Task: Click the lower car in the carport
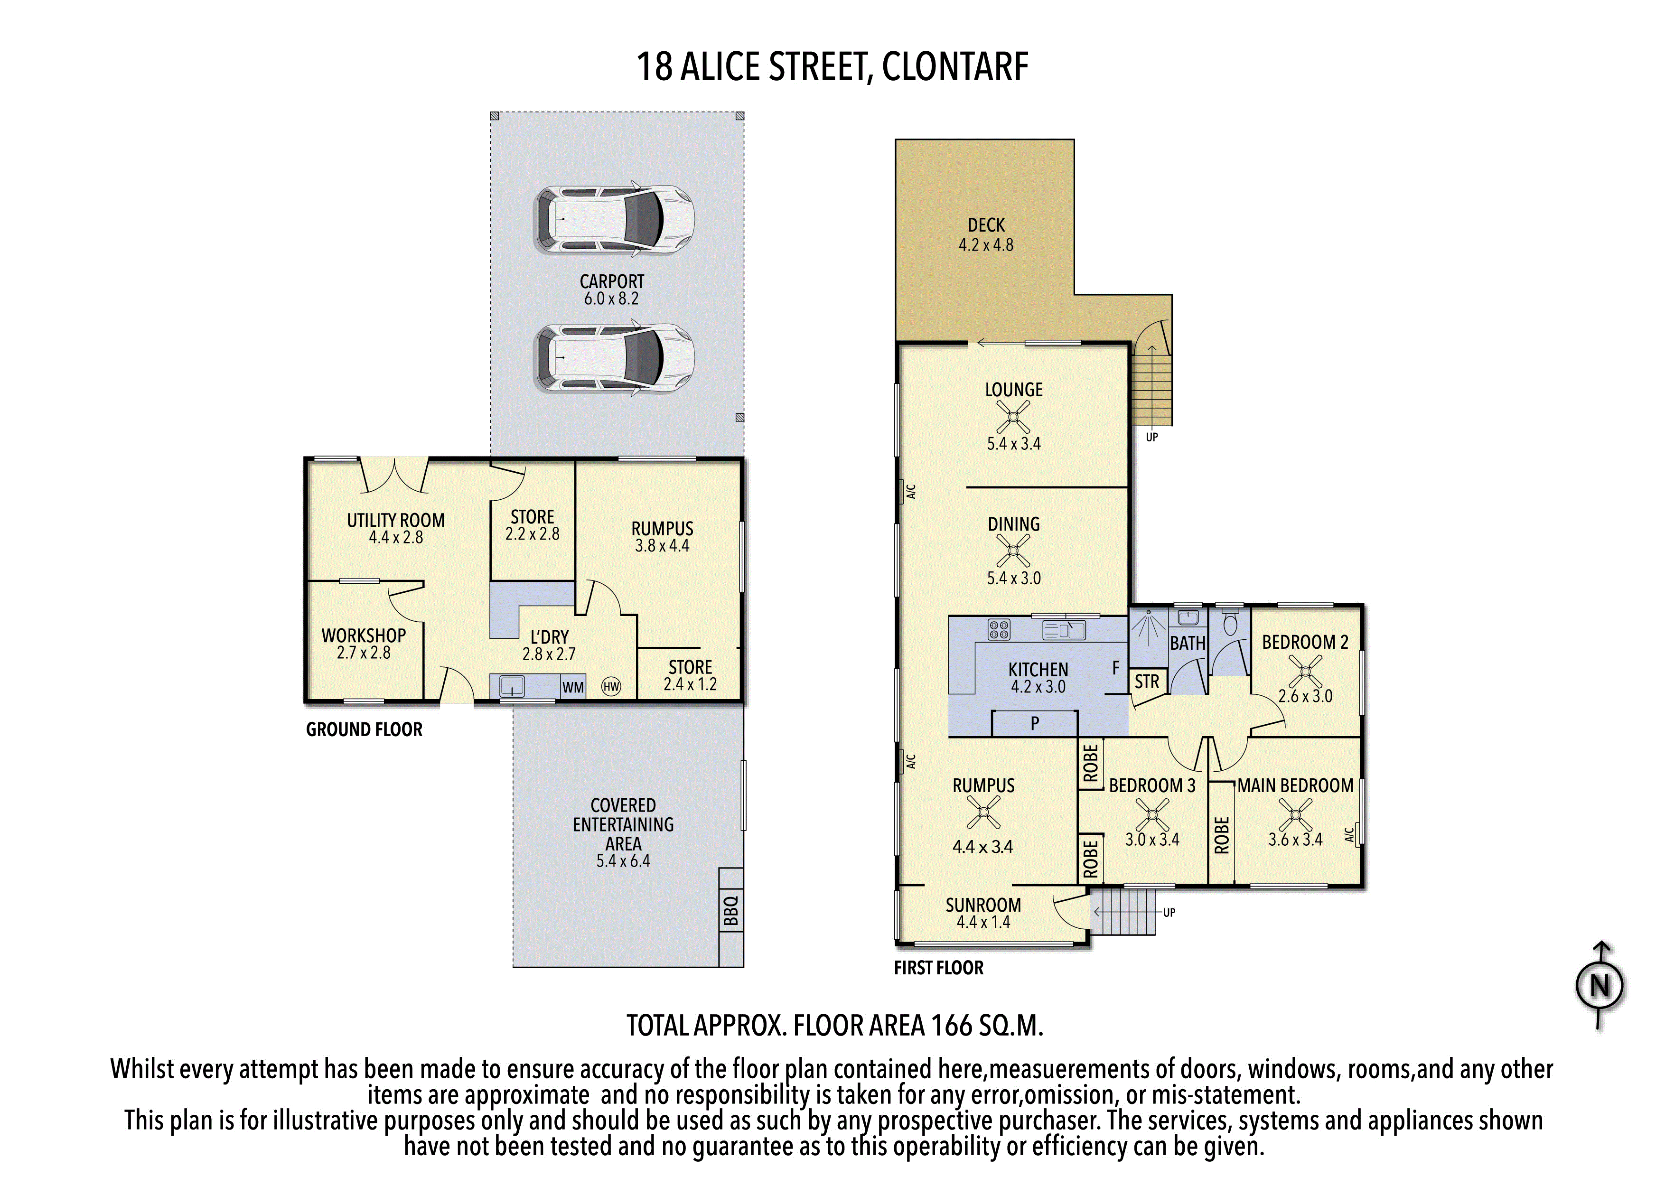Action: [614, 358]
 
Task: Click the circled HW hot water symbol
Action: [611, 687]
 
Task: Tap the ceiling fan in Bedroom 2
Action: [1305, 672]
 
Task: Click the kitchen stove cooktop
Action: [999, 629]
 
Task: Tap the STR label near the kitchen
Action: [1147, 682]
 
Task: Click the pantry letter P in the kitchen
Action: [1034, 723]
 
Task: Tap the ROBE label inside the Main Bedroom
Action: [1221, 835]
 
